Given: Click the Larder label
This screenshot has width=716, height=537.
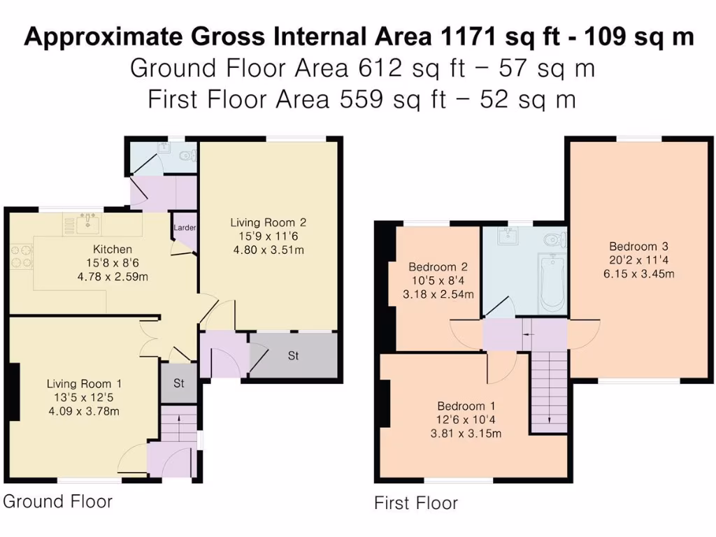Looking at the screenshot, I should [x=185, y=228].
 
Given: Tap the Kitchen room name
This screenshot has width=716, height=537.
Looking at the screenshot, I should [x=113, y=250].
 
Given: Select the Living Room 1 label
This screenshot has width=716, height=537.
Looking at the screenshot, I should [x=84, y=384].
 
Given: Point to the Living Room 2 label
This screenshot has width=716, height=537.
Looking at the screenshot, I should [x=268, y=222].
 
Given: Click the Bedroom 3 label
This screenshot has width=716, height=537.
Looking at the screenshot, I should [x=638, y=246].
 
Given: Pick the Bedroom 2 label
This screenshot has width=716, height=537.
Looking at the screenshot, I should [x=438, y=267].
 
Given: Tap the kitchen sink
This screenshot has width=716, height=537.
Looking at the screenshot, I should [x=88, y=224].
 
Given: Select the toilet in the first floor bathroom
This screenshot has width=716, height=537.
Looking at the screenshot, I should [x=554, y=241].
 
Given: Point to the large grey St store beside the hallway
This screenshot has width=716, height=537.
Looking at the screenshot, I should [x=294, y=356].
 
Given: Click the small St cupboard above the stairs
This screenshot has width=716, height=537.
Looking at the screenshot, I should [x=178, y=383].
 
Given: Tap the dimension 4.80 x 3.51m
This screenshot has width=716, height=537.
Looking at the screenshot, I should [x=268, y=250].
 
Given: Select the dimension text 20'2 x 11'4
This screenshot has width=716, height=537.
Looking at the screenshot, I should [x=638, y=260].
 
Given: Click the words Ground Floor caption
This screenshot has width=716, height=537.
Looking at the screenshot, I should [x=57, y=501].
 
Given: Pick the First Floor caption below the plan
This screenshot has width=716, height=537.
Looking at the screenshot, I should [x=416, y=503].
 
